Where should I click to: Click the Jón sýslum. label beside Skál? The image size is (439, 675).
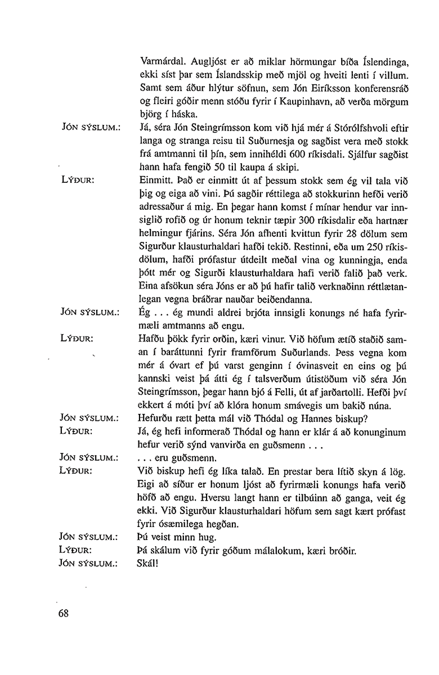click(87, 562)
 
